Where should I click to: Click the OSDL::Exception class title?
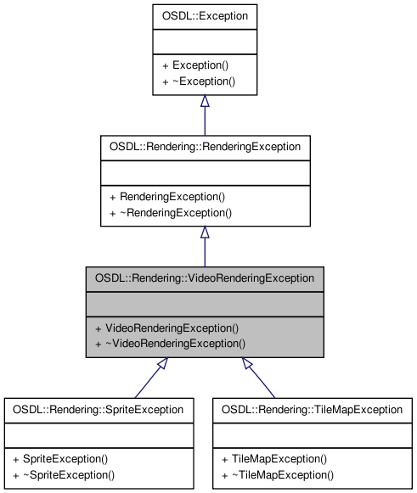click(x=204, y=15)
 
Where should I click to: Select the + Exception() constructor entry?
click(x=194, y=64)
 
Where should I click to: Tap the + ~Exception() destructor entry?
click(x=197, y=81)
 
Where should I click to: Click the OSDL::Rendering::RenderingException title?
click(x=205, y=146)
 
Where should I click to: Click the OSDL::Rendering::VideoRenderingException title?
click(x=205, y=277)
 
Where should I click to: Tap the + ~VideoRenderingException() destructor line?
click(x=170, y=344)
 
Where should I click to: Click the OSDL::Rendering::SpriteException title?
click(x=99, y=409)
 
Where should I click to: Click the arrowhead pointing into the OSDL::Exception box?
click(x=205, y=101)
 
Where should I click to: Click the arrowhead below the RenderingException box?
click(x=205, y=232)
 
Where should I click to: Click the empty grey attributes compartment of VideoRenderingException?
click(x=205, y=302)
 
